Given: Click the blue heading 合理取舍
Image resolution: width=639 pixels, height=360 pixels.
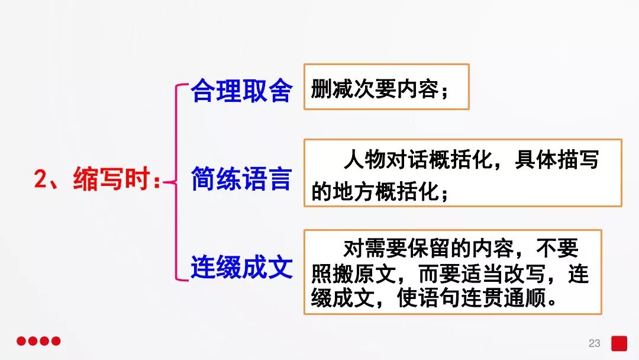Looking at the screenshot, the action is [241, 91].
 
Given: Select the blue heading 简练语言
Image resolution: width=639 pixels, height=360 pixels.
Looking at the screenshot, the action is [241, 179].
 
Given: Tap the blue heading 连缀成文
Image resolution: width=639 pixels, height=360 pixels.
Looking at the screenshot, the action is [241, 267].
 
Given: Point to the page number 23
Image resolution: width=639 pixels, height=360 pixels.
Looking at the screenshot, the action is [594, 343].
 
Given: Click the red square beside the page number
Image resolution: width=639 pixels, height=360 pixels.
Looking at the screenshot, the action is [619, 343].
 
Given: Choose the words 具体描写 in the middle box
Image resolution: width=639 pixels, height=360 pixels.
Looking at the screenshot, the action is [557, 160].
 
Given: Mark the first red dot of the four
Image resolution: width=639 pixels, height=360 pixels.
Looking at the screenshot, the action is [21, 341].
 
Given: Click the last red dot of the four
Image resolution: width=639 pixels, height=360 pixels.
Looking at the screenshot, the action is [56, 341].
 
